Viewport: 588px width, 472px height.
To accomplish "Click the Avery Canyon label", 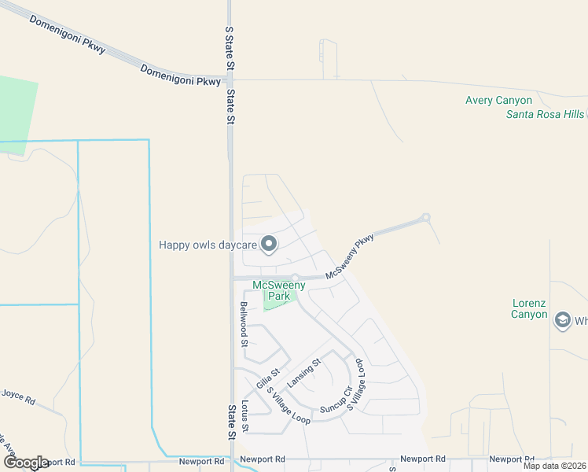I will [x=498, y=101].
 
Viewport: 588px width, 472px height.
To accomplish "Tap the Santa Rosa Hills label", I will [x=545, y=114].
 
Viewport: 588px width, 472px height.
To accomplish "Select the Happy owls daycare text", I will [x=208, y=245].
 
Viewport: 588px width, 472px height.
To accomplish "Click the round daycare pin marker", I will [x=269, y=245].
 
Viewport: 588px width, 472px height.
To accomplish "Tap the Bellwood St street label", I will [x=244, y=324].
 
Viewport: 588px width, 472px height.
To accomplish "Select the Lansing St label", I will [x=304, y=372].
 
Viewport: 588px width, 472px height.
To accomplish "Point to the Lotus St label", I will [x=244, y=415].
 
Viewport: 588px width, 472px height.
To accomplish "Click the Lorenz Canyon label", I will [x=529, y=308].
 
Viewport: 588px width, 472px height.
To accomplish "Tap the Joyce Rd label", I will [x=18, y=396].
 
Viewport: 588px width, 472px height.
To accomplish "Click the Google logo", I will [x=25, y=463].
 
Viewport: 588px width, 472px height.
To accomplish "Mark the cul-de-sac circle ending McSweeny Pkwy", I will [x=426, y=217].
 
